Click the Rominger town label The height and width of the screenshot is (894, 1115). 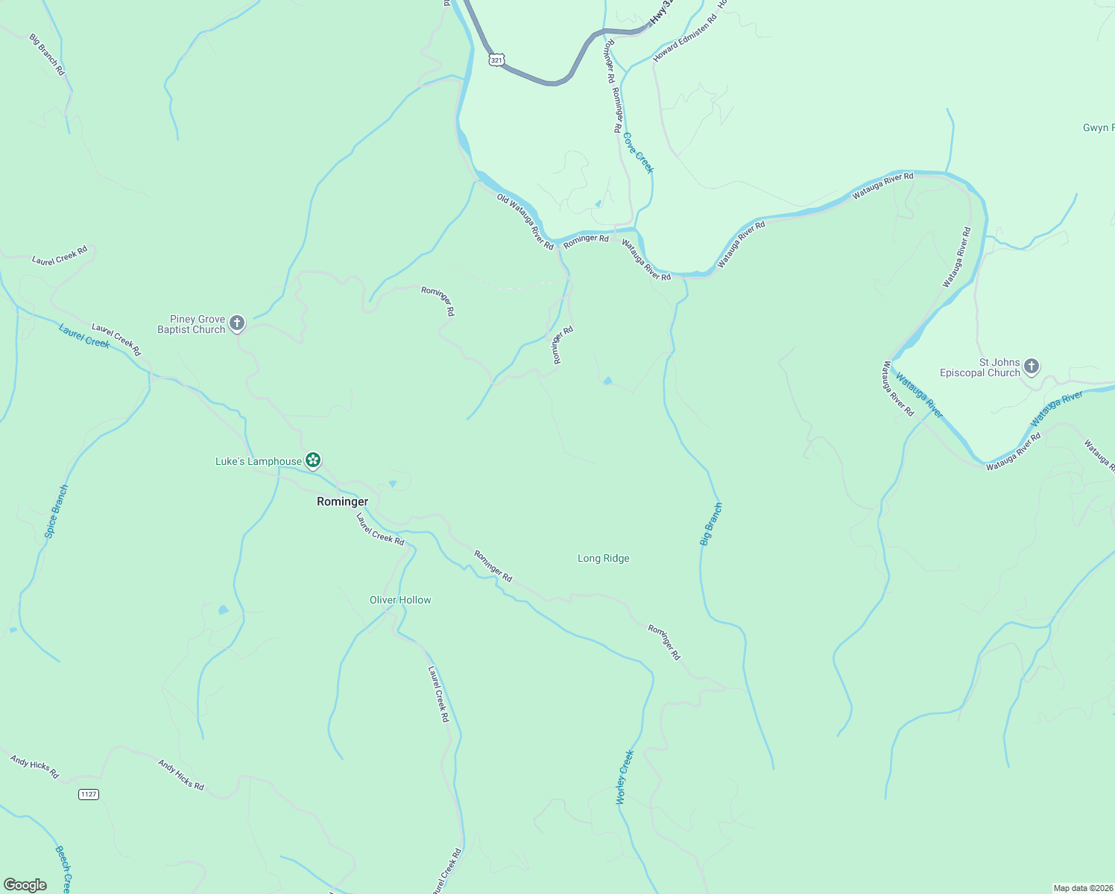[x=342, y=501]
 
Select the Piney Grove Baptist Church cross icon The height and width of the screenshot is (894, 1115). [x=237, y=323]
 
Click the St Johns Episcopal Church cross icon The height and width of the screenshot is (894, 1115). [x=1032, y=366]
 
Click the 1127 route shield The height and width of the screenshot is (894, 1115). [x=88, y=794]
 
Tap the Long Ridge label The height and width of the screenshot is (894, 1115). [x=603, y=558]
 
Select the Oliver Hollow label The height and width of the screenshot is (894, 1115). [x=400, y=600]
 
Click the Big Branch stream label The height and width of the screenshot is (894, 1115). [x=711, y=524]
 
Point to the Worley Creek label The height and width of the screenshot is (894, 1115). [x=625, y=777]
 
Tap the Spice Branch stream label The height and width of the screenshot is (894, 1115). [x=56, y=511]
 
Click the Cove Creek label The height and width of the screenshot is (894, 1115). [x=638, y=153]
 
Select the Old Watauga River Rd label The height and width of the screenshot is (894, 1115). [x=525, y=221]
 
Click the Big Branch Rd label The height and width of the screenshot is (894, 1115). [x=48, y=54]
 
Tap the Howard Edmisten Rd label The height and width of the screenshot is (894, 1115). [x=684, y=38]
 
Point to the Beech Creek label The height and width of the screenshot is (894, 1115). [x=63, y=869]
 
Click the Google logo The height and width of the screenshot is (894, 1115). [x=25, y=884]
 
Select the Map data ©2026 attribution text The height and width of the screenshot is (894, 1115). [x=1082, y=888]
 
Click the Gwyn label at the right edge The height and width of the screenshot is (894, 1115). [x=1098, y=128]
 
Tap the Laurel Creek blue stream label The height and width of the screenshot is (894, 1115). [x=84, y=335]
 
